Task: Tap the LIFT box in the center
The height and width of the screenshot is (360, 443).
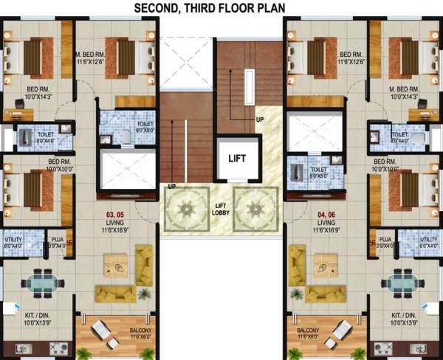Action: click(236, 158)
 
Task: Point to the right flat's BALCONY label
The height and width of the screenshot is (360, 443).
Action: click(309, 330)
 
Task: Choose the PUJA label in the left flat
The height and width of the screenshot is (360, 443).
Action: click(58, 241)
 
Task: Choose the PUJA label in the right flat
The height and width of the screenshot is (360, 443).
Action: click(384, 241)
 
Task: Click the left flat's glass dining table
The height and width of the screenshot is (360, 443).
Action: click(41, 283)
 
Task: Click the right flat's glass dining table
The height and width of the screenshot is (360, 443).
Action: click(400, 283)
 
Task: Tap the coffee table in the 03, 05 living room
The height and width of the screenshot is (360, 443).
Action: click(113, 263)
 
